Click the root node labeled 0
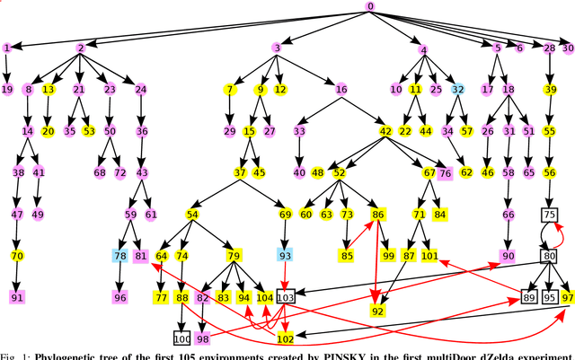(370, 6)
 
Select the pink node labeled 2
(81, 48)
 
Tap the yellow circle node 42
(385, 131)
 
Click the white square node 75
(549, 215)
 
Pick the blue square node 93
(286, 256)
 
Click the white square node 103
(286, 297)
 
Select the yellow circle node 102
(286, 338)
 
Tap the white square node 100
(182, 338)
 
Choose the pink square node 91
(17, 297)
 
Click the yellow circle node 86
(378, 215)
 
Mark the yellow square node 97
(567, 297)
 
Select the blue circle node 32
(458, 90)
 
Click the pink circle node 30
(567, 48)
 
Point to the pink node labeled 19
(7, 90)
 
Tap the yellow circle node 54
(192, 215)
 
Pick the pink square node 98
(203, 338)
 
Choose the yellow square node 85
(346, 256)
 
